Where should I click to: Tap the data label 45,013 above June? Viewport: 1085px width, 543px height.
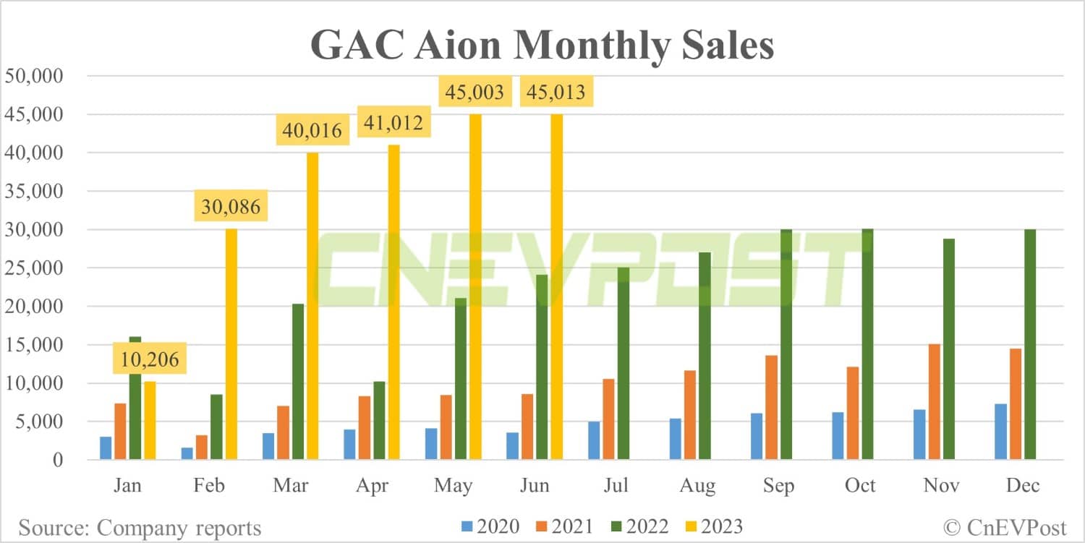556,93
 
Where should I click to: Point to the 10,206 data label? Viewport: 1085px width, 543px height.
150,358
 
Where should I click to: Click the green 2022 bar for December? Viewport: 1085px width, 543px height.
1029,344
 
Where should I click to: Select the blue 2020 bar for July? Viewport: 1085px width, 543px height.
594,440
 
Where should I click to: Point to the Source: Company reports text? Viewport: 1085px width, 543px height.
140,528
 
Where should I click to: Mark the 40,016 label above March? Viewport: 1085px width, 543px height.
312,131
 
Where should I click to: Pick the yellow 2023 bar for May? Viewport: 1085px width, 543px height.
475,286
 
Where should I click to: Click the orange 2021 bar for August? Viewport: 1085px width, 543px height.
690,415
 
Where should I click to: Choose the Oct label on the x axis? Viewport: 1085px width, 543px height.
861,484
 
